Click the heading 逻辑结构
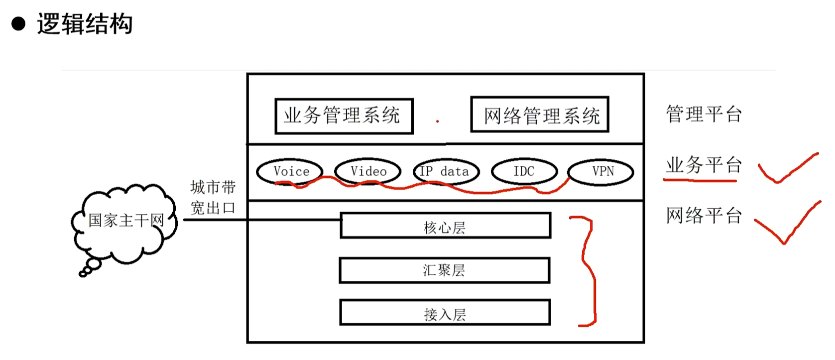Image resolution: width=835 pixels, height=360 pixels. point(85,24)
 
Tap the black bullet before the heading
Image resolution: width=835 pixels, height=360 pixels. point(19,24)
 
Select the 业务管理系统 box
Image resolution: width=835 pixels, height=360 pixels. point(344,116)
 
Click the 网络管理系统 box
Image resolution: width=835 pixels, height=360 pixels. point(540,115)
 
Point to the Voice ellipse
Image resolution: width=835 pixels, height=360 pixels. point(290,172)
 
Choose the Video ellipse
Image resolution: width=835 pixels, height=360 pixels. point(368,172)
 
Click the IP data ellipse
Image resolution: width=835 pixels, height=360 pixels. point(446,172)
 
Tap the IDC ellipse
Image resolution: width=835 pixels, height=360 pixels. point(524,172)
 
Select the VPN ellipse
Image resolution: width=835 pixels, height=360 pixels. point(601,172)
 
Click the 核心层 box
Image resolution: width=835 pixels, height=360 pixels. point(445,226)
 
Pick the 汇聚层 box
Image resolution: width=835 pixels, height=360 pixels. point(444,270)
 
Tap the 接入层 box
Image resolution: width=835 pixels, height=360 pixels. point(445,313)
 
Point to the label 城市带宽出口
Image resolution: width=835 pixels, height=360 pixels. point(213,198)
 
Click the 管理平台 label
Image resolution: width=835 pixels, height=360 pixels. point(704,114)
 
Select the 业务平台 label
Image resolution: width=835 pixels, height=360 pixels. point(704,165)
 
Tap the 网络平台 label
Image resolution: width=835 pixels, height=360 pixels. point(704,216)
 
